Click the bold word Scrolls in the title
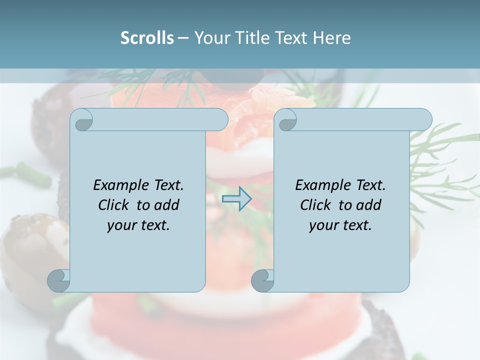coord(147,38)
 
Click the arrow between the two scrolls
coord(236,198)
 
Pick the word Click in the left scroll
coord(113,205)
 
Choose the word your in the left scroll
coord(120,225)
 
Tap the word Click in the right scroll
coord(315,205)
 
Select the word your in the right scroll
coord(322,225)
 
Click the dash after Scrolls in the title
coord(183,38)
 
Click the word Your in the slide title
coord(209,38)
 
